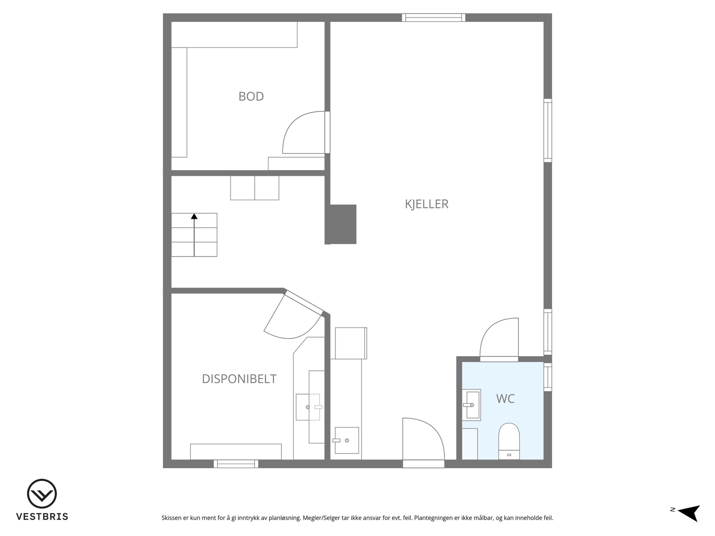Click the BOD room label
[251, 96]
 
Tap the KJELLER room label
[426, 204]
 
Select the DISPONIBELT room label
[239, 379]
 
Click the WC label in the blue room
[505, 399]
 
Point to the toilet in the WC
[509, 441]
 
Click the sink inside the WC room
[471, 405]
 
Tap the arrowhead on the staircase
[194, 216]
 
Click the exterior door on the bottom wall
[423, 443]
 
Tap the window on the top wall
[433, 17]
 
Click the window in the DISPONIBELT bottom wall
[236, 464]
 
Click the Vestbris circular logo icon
[42, 494]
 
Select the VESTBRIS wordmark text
[42, 517]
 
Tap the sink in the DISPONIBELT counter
[308, 407]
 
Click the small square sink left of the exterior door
[347, 440]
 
